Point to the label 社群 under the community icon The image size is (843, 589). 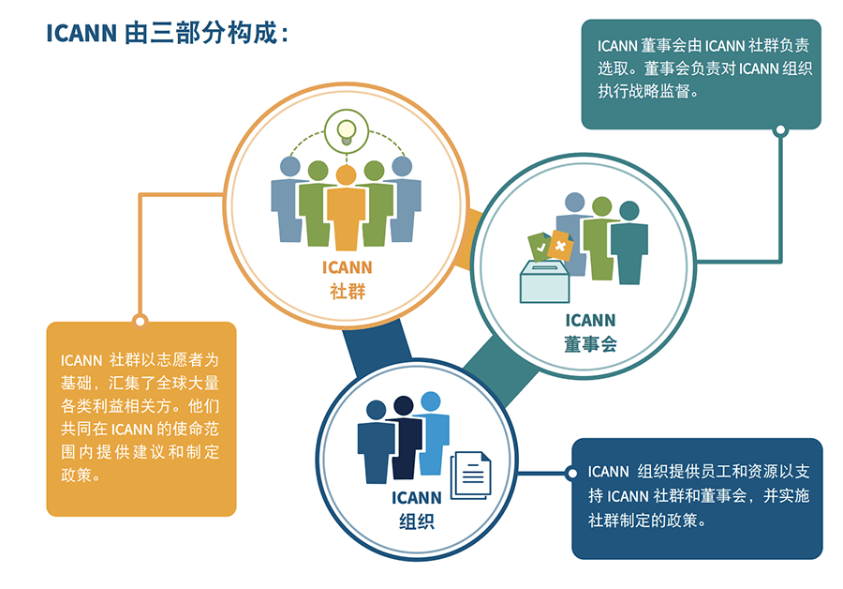point(348,291)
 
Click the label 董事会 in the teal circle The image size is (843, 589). point(590,343)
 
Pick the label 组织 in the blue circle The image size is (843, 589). point(415,521)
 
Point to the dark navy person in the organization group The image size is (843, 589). point(405,436)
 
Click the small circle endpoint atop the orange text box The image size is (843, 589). point(140,321)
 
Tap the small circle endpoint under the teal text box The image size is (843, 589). point(779,130)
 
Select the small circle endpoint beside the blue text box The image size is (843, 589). point(571,473)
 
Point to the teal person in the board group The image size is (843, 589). point(629,242)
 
